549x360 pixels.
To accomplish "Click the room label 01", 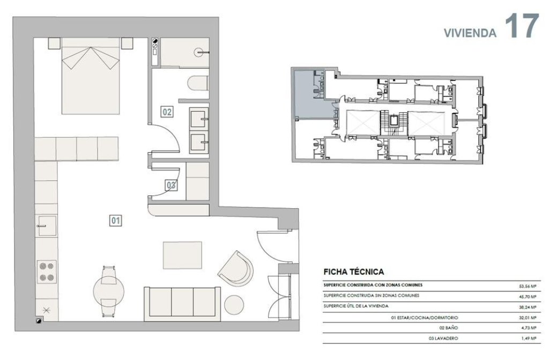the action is pyautogui.click(x=116, y=221).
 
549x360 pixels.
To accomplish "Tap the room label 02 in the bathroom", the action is pyautogui.click(x=167, y=112).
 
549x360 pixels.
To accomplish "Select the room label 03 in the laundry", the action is pyautogui.click(x=171, y=185).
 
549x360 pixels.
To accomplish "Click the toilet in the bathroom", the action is pyautogui.click(x=198, y=83).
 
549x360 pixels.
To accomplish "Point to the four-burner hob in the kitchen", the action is pyautogui.click(x=47, y=272).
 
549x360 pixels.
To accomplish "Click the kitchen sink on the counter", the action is pyautogui.click(x=47, y=226).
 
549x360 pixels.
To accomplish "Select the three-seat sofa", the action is pyautogui.click(x=182, y=304).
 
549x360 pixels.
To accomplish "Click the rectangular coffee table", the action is pyautogui.click(x=182, y=255).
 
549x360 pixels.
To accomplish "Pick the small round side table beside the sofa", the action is pyautogui.click(x=234, y=305).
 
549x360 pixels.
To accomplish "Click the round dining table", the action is pyautogui.click(x=109, y=291).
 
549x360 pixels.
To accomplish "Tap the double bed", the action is pyautogui.click(x=91, y=76).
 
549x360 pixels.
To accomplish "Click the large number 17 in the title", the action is pyautogui.click(x=522, y=26).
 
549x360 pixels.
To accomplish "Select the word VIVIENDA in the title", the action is pyautogui.click(x=470, y=33).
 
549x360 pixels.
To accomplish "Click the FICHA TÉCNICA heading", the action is pyautogui.click(x=354, y=271).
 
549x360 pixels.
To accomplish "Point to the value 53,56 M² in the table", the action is pyautogui.click(x=528, y=286).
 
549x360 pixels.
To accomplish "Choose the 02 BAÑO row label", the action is pyautogui.click(x=448, y=328).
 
